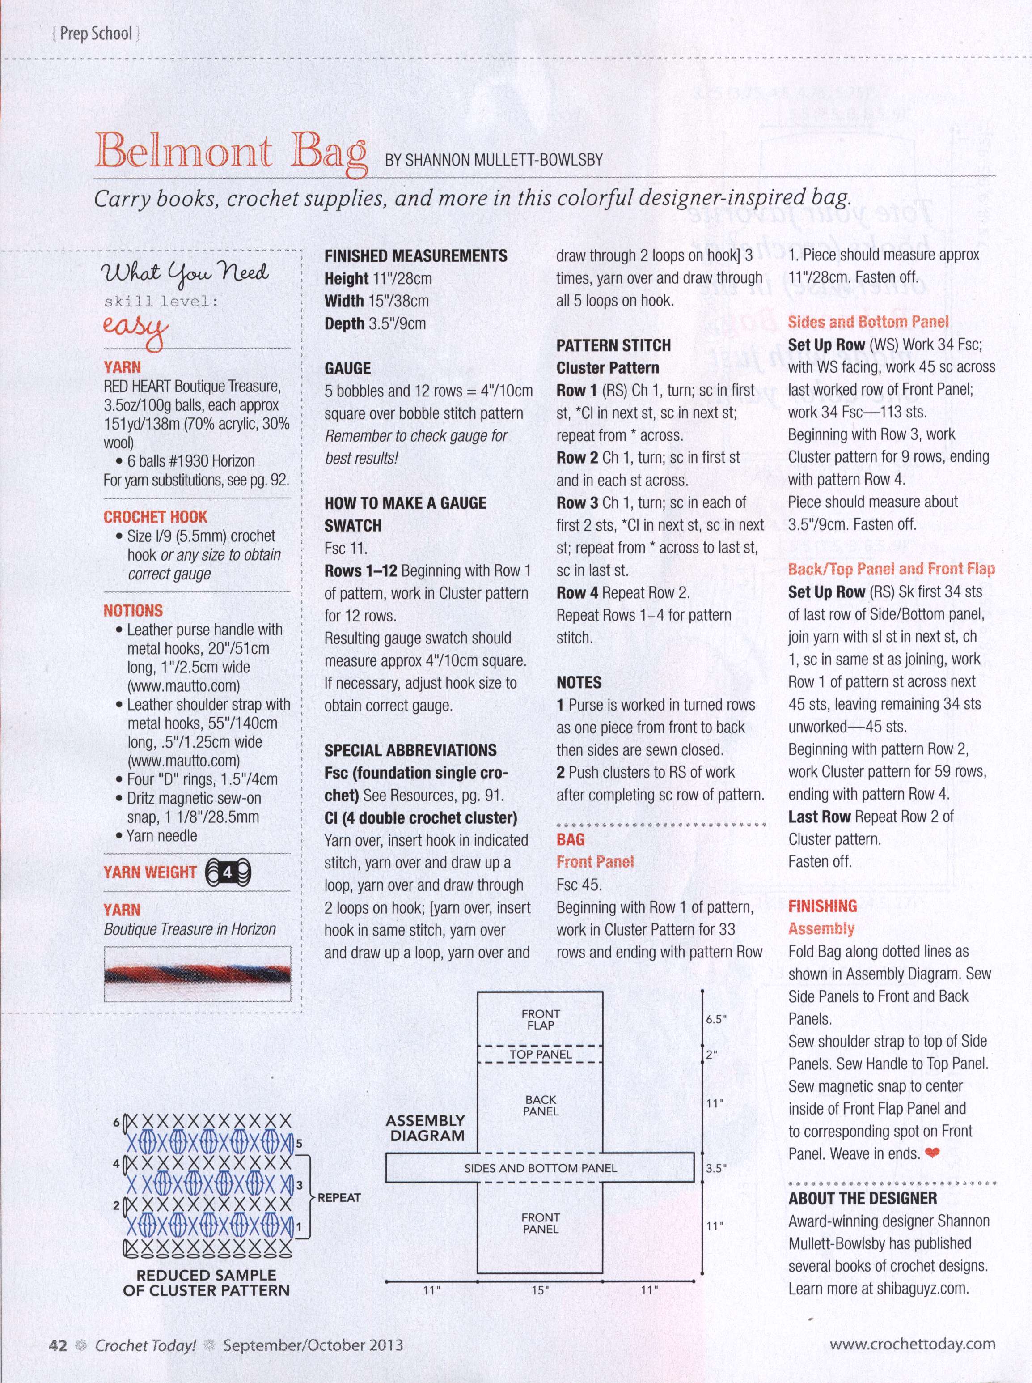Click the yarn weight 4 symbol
228,872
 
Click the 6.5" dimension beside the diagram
716,1019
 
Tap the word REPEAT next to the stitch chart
339,1197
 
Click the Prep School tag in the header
96,33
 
